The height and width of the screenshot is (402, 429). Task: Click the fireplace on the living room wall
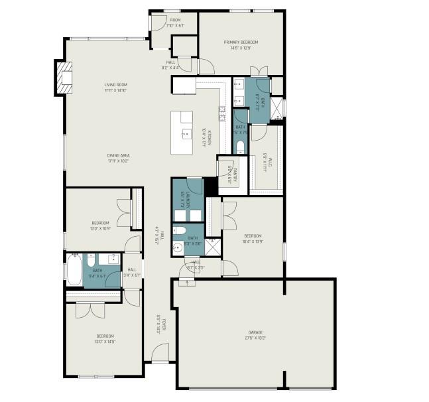coord(63,77)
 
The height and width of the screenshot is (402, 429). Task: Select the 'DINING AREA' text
coord(118,155)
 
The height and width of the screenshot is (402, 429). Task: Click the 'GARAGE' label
coord(255,332)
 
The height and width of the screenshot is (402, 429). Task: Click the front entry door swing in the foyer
coord(159,354)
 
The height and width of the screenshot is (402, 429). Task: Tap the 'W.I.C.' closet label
coord(265,161)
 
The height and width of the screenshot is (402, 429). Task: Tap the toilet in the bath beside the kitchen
coord(240,147)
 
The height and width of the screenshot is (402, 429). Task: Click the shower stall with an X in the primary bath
coord(278,108)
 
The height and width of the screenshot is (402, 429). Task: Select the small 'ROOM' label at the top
coord(175,20)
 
